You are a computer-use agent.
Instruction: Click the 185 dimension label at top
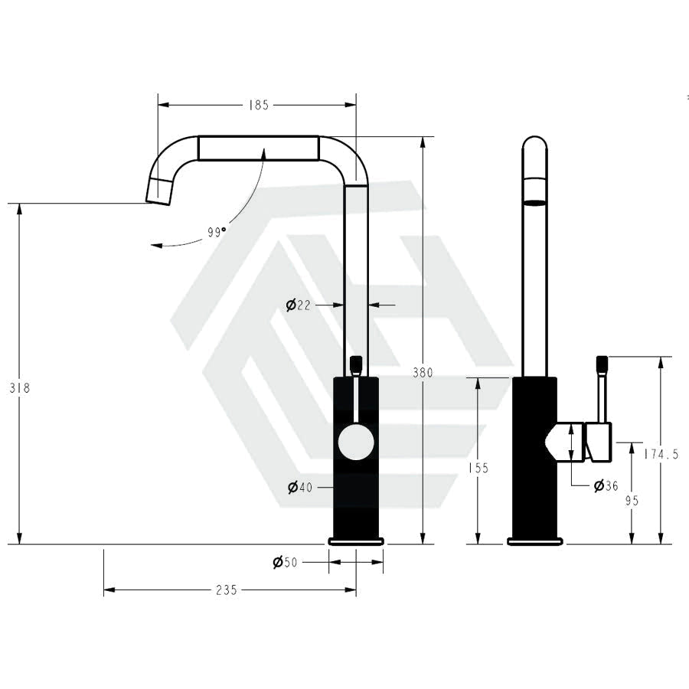(259, 106)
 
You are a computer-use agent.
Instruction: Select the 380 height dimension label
(423, 373)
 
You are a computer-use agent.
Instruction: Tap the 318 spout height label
(20, 388)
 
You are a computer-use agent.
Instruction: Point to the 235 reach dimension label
(227, 590)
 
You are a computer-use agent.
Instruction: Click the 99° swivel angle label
(217, 232)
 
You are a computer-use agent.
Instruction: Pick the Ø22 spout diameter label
(298, 305)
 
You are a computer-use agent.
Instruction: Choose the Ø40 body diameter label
(299, 488)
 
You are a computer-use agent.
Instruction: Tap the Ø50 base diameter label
(285, 562)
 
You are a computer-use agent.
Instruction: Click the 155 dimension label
(478, 469)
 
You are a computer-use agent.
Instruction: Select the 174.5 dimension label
(661, 454)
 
